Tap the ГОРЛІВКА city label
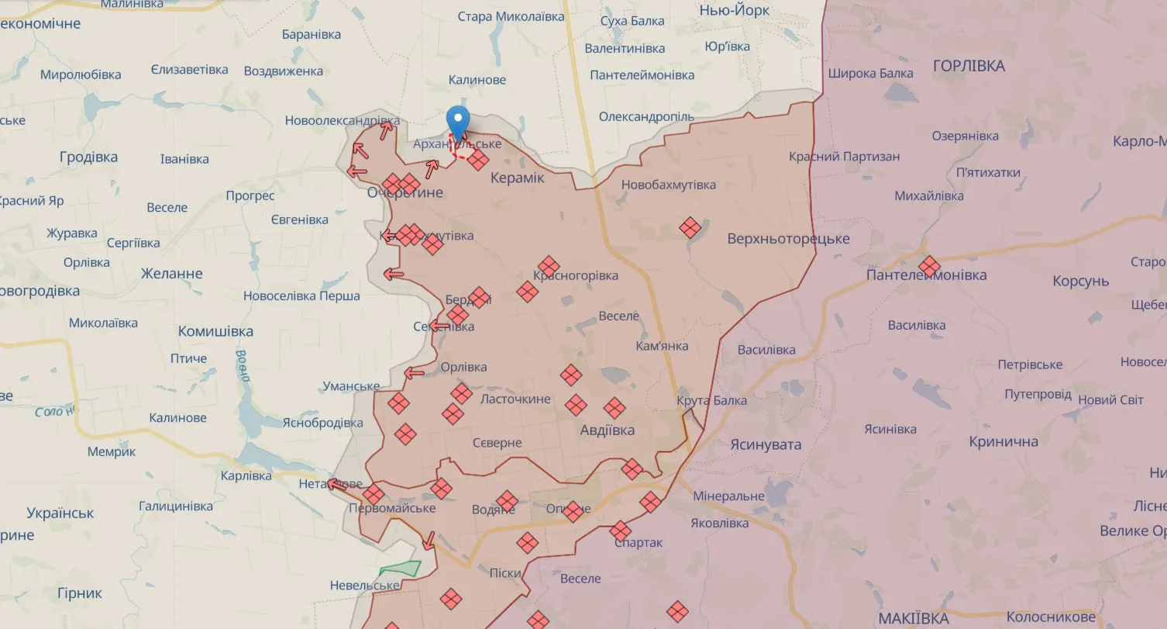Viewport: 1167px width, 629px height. point(969,66)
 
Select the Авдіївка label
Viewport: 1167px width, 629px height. point(608,430)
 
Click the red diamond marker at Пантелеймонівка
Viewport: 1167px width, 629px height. point(929,266)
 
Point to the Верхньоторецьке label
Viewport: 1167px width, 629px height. point(788,239)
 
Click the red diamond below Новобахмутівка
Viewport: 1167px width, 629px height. point(690,227)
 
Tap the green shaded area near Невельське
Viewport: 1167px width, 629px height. point(401,569)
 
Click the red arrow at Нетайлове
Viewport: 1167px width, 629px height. point(336,485)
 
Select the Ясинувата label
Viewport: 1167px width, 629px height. point(765,444)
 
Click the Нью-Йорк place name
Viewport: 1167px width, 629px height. point(735,10)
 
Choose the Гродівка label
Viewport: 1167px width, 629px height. point(88,157)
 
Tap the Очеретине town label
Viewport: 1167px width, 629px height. point(405,193)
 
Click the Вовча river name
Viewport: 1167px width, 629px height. point(243,367)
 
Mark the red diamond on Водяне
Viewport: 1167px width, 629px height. point(507,501)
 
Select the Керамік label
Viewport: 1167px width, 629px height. point(518,178)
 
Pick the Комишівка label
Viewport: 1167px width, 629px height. point(215,332)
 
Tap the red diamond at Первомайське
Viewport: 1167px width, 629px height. point(374,494)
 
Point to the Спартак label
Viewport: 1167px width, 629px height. point(638,543)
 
